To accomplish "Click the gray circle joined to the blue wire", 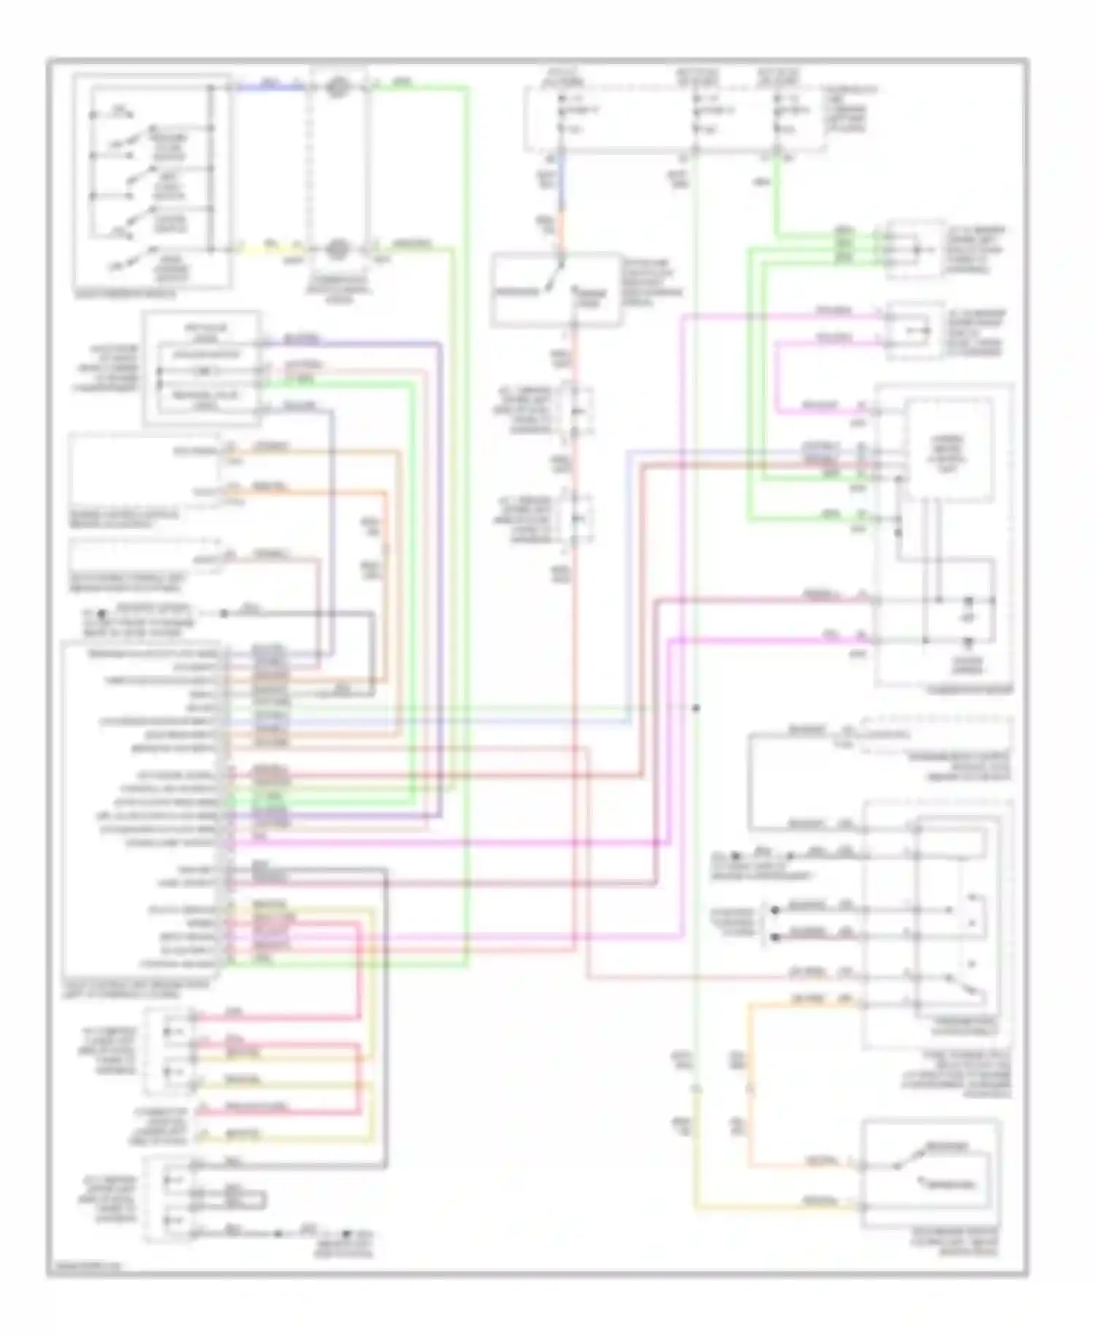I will [337, 88].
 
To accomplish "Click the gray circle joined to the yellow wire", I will [337, 249].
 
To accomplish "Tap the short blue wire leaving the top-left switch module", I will [270, 87].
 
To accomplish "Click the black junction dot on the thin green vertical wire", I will [696, 708].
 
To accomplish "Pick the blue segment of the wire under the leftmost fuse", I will [562, 183].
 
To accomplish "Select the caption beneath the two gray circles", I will [337, 289].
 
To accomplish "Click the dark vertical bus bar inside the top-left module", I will [212, 168].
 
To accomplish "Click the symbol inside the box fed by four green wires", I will [916, 249].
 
